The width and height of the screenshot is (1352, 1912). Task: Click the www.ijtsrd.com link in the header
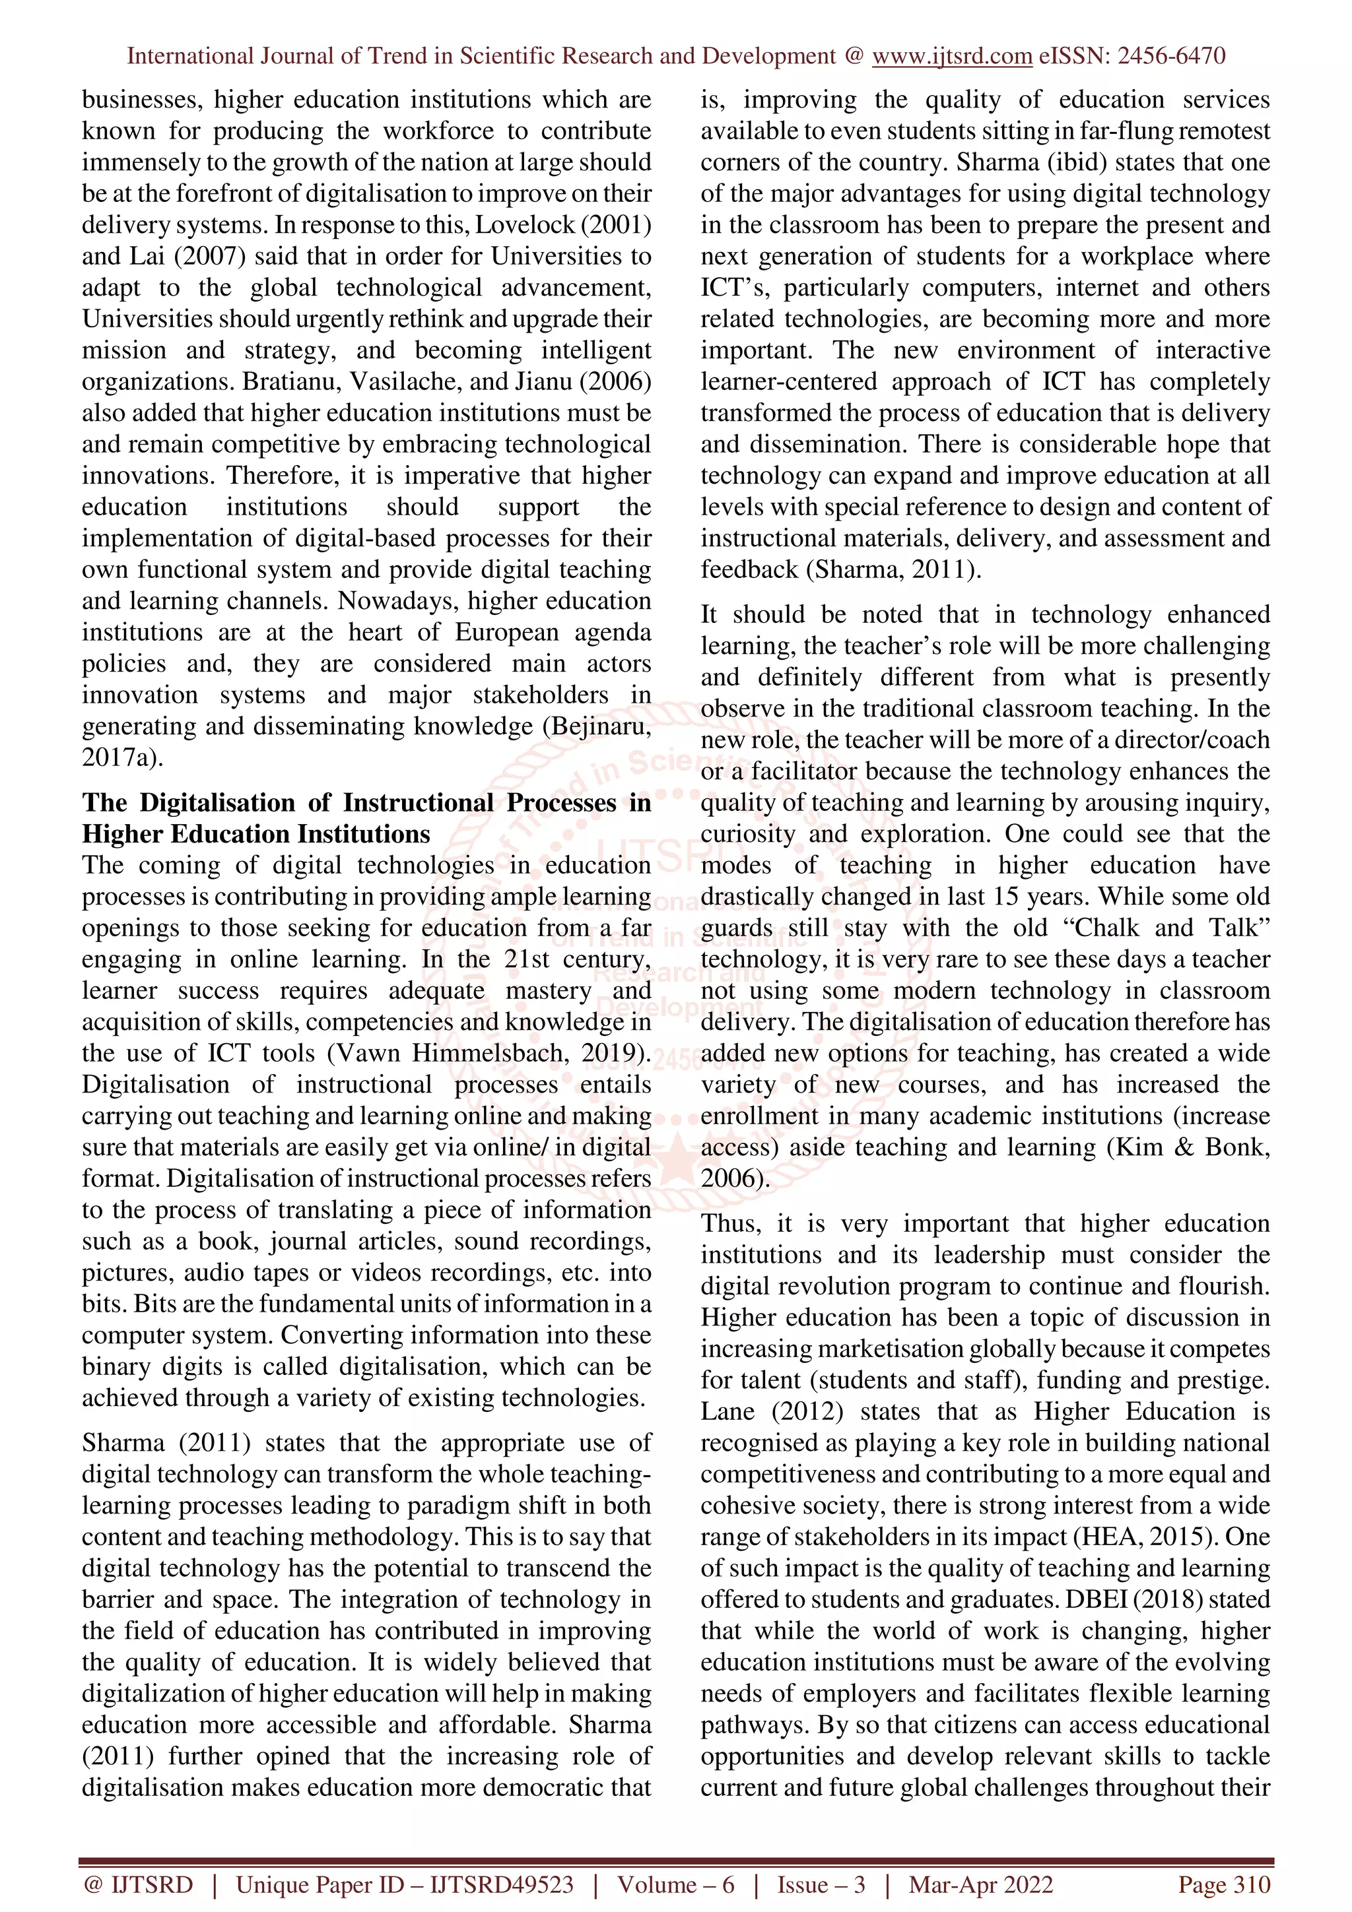(951, 57)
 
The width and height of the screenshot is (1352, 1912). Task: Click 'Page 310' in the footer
(1223, 1884)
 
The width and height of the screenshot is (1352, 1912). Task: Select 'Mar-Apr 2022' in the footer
(980, 1884)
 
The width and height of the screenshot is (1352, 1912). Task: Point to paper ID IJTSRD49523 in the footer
(502, 1884)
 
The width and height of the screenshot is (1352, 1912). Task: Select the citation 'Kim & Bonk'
(1199, 1147)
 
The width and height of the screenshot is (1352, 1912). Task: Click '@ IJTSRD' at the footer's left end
(138, 1884)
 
